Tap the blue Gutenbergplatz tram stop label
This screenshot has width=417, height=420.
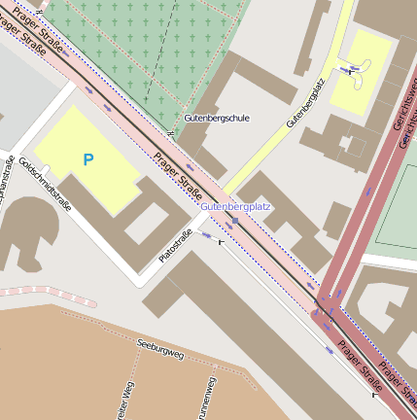pos(235,207)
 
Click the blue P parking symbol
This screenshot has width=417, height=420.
pos(88,158)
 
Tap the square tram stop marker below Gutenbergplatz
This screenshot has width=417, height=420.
pos(235,222)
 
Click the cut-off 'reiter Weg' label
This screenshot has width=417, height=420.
pos(123,401)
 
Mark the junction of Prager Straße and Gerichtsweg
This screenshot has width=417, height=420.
pos(327,309)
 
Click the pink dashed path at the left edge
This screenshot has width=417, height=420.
pos(49,290)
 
